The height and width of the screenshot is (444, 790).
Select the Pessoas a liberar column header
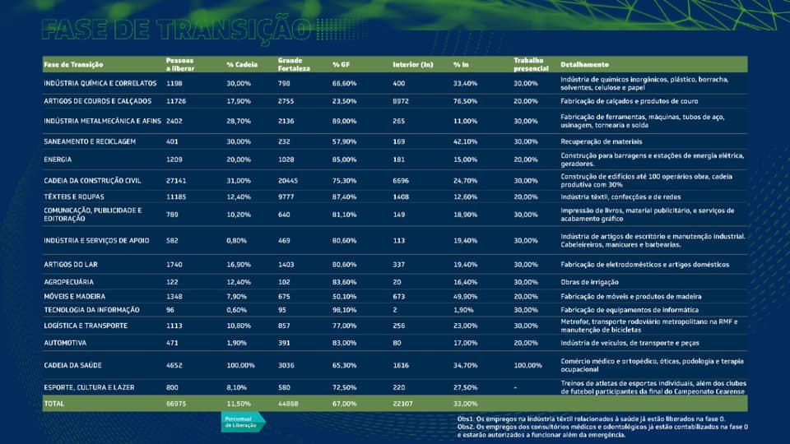180,63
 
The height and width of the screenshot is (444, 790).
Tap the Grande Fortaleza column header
293,63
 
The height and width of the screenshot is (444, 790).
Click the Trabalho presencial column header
531,63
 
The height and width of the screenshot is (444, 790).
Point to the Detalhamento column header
584,64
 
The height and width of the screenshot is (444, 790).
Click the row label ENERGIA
58,159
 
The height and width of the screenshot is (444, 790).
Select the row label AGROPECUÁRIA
68,281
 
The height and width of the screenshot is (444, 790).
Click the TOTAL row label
54,404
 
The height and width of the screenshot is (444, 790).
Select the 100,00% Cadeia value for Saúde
241,364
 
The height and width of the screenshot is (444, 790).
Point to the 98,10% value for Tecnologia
344,309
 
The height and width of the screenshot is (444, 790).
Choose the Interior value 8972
401,100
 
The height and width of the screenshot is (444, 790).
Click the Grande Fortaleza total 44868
289,404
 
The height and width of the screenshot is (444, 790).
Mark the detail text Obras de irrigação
591,281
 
